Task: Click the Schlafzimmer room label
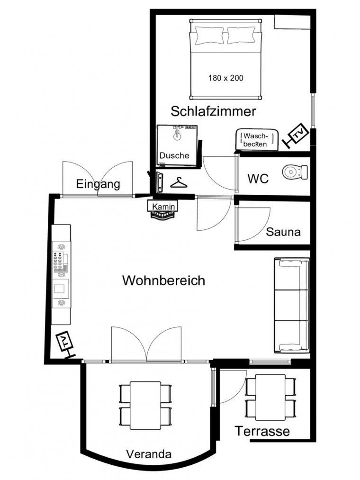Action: click(x=213, y=111)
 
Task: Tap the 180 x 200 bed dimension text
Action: click(x=226, y=78)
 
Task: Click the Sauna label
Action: click(x=283, y=232)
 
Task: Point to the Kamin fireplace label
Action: click(x=164, y=207)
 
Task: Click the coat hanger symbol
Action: click(x=179, y=183)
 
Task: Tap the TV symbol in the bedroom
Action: click(x=295, y=136)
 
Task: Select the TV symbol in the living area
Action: click(x=65, y=344)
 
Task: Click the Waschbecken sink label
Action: click(x=256, y=140)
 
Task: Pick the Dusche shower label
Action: click(x=174, y=155)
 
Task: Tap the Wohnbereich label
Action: click(x=164, y=281)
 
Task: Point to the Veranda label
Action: click(x=149, y=454)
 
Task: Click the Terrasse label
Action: click(x=262, y=431)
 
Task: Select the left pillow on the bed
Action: click(x=210, y=35)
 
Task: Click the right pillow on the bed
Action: click(x=241, y=35)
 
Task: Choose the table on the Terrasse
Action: click(x=270, y=398)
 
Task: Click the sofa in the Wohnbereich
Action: click(x=292, y=305)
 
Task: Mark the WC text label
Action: click(x=258, y=179)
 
